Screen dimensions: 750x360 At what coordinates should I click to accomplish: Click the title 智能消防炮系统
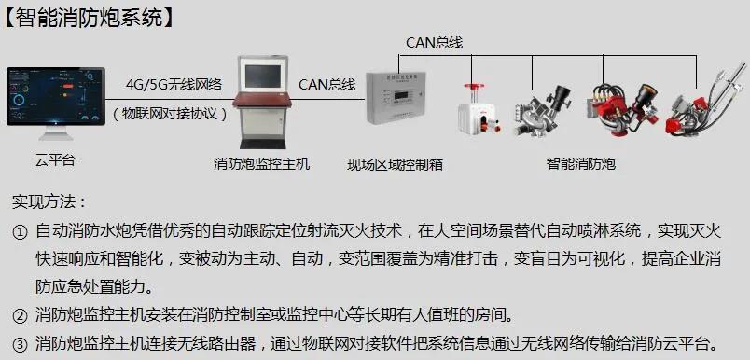pyautogui.click(x=90, y=18)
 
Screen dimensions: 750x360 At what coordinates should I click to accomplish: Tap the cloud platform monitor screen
pyautogui.click(x=56, y=96)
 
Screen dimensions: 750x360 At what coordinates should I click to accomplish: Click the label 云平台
pyautogui.click(x=55, y=159)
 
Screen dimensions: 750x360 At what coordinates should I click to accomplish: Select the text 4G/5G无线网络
pyautogui.click(x=174, y=84)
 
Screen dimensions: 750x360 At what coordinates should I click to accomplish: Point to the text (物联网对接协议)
pyautogui.click(x=171, y=114)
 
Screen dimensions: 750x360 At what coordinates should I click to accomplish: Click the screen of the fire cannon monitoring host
pyautogui.click(x=263, y=76)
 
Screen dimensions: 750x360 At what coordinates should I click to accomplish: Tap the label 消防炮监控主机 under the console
pyautogui.click(x=261, y=164)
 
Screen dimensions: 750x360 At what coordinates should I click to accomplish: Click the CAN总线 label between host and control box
pyautogui.click(x=327, y=85)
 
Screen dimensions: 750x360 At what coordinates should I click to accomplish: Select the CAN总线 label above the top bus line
pyautogui.click(x=435, y=43)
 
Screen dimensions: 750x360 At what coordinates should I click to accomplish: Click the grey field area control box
pyautogui.click(x=396, y=98)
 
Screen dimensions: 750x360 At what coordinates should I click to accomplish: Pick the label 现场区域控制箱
pyautogui.click(x=396, y=164)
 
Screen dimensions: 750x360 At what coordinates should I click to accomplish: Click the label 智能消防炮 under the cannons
pyautogui.click(x=580, y=164)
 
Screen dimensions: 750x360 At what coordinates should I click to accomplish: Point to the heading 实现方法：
pyautogui.click(x=49, y=201)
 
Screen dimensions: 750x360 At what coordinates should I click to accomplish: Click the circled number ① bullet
pyautogui.click(x=20, y=233)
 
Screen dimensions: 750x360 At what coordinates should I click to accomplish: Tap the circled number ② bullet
pyautogui.click(x=20, y=316)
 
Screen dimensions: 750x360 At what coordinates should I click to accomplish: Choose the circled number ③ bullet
pyautogui.click(x=20, y=344)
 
